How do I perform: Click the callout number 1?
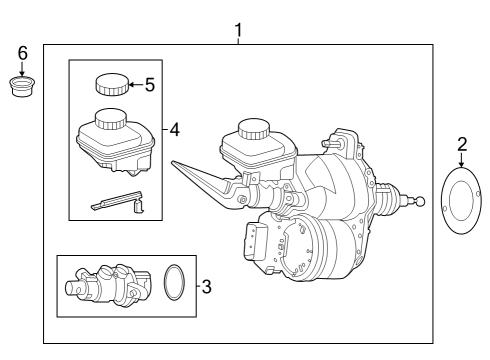coord(238,30)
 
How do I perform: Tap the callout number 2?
coord(462,145)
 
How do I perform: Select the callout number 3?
coord(207,287)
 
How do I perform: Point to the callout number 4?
coord(175,129)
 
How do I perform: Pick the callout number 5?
coord(150,85)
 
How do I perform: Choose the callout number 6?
coord(22,53)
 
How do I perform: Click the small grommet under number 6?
coord(22,87)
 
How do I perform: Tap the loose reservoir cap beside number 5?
coord(112,84)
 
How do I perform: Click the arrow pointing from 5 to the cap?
coord(136,85)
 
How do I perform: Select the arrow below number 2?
coord(462,160)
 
